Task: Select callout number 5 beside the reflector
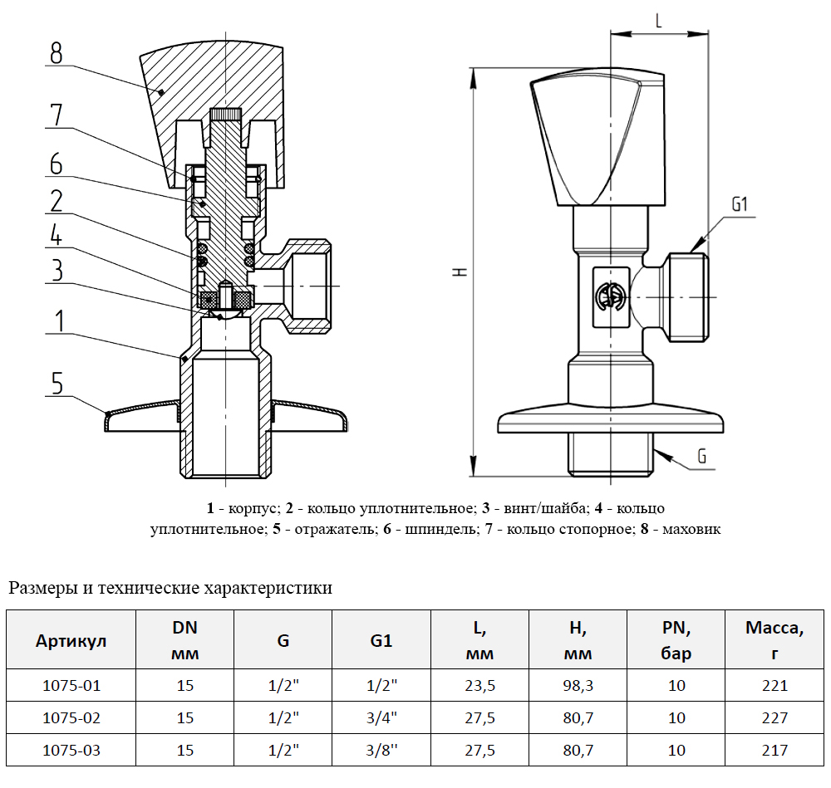tap(56, 383)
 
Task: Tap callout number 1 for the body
tap(57, 321)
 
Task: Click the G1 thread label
tap(740, 204)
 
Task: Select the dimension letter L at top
tap(658, 22)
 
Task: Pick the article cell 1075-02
tap(71, 717)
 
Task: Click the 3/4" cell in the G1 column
tap(382, 717)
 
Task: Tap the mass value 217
tap(774, 750)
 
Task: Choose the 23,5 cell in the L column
tap(479, 686)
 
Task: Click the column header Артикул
tap(71, 641)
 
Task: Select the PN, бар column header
tap(676, 641)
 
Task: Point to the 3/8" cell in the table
tap(382, 750)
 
